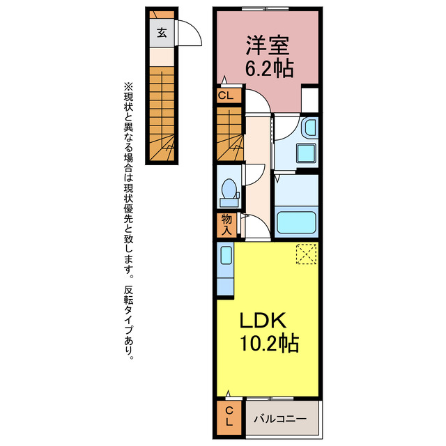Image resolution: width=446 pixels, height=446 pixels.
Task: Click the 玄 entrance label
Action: [x=161, y=32]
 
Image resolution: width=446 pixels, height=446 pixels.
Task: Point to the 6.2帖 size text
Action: [x=268, y=68]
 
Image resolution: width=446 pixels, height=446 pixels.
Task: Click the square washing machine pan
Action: [x=305, y=154]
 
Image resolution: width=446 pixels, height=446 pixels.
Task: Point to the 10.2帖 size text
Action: [x=270, y=344]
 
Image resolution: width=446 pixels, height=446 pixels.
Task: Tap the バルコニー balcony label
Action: [x=279, y=419]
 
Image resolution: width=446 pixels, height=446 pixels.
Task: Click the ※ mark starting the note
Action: [x=128, y=86]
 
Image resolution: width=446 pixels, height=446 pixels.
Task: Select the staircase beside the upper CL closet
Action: [x=229, y=135]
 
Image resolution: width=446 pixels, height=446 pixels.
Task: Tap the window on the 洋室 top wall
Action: [x=268, y=9]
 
